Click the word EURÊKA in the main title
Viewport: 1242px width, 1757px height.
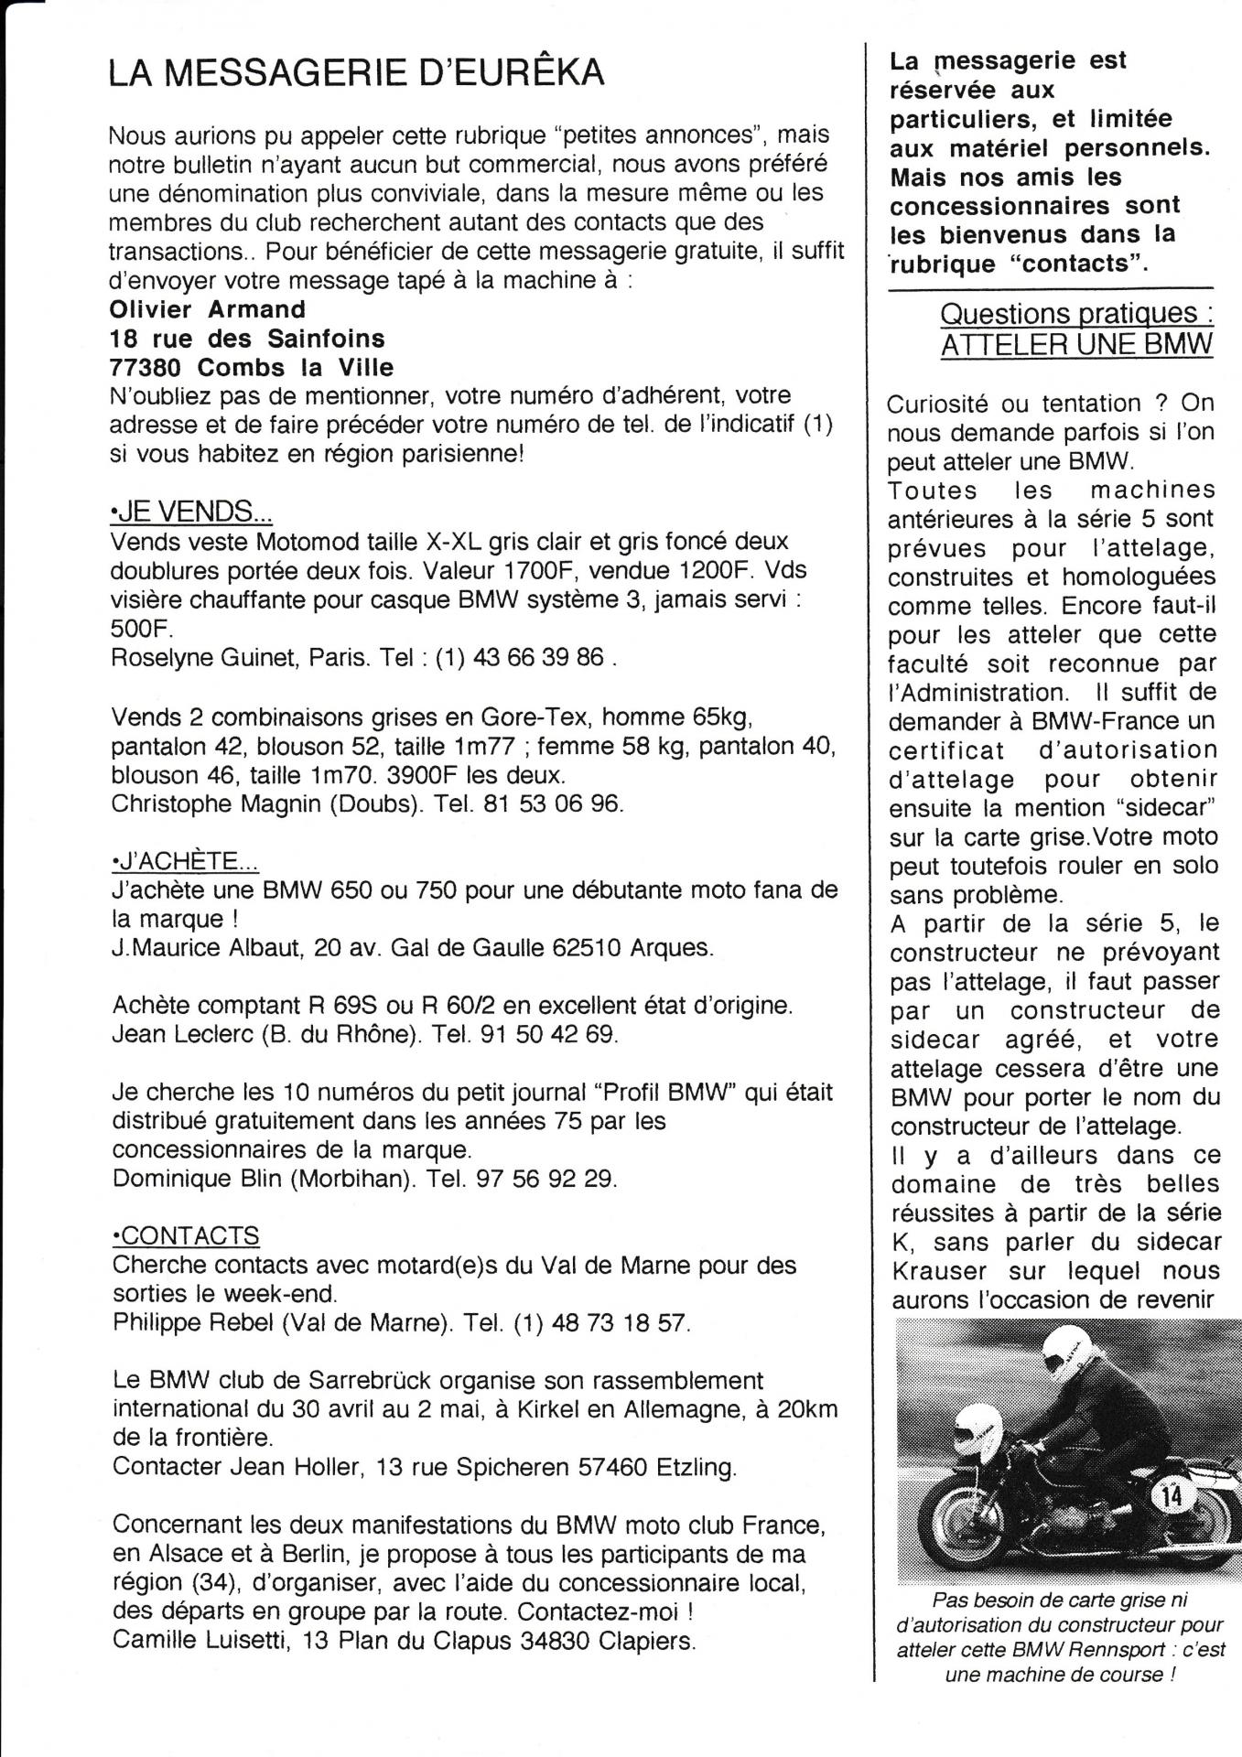(x=524, y=73)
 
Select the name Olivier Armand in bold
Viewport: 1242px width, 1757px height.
(x=207, y=309)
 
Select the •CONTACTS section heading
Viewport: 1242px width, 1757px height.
(x=184, y=1235)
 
